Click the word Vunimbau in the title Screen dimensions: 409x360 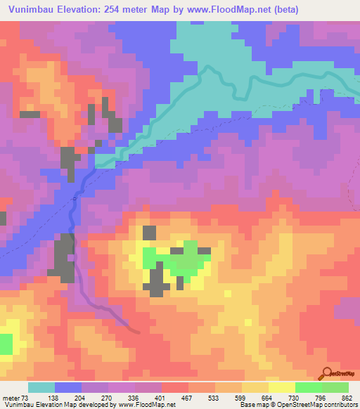pyautogui.click(x=32, y=10)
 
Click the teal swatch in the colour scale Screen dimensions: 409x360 pyautogui.click(x=41, y=387)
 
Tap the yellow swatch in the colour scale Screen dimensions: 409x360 pyautogui.click(x=282, y=387)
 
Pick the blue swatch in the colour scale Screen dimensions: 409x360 pyautogui.click(x=68, y=387)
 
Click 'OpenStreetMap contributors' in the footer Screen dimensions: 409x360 pyautogui.click(x=319, y=404)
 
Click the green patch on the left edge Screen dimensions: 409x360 pyautogui.click(x=6, y=344)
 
